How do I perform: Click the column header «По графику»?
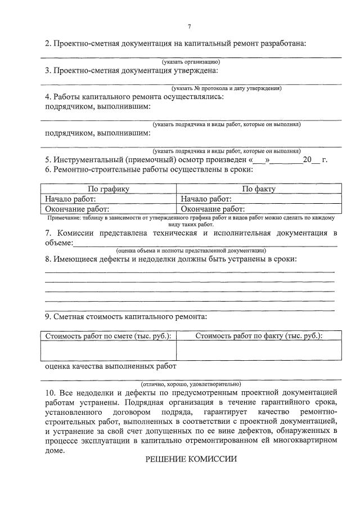[x=109, y=189]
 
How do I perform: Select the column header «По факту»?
[x=259, y=189]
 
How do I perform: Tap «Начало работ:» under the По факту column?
[x=206, y=199]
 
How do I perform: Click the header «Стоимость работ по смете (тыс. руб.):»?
[x=108, y=335]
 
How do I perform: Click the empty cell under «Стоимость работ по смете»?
[x=108, y=350]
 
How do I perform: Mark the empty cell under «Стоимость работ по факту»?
[x=259, y=350]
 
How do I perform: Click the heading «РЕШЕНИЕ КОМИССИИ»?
[x=191, y=459]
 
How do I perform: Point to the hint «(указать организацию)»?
[x=191, y=61]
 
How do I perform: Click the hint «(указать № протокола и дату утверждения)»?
[x=227, y=88]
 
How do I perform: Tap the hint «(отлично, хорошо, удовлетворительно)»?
[x=195, y=383]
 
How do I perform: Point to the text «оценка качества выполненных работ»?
[x=110, y=366]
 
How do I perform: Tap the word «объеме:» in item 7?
[x=59, y=243]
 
